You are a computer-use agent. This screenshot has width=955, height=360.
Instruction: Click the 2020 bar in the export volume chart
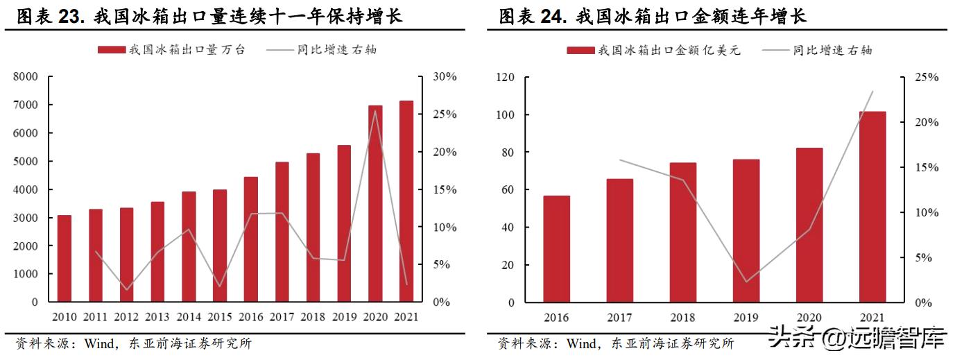pyautogui.click(x=375, y=204)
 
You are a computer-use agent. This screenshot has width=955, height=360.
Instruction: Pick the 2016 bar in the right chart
pyautogui.click(x=556, y=249)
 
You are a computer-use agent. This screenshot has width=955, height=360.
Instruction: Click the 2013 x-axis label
pyautogui.click(x=157, y=317)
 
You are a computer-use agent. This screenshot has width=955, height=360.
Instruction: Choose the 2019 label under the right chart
pyautogui.click(x=746, y=317)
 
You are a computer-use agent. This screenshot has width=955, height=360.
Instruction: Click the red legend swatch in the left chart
pyautogui.click(x=112, y=50)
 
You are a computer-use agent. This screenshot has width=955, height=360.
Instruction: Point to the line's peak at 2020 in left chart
pyautogui.click(x=375, y=111)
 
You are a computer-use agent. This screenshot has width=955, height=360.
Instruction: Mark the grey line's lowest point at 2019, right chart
pyautogui.click(x=746, y=282)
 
